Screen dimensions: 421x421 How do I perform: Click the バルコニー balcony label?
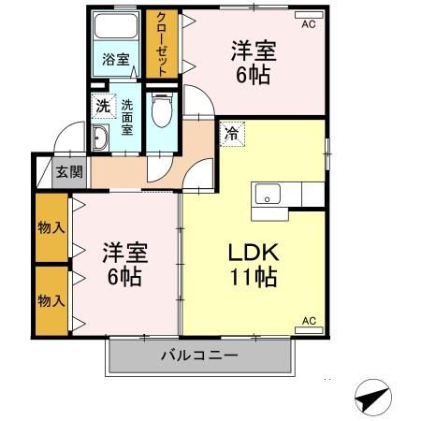point(198,355)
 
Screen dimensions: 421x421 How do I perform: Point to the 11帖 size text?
point(252,278)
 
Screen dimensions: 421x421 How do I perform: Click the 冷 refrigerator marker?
point(230,133)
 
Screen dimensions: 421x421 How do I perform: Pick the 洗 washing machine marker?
point(101,105)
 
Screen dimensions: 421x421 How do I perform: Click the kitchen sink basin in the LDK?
point(268,195)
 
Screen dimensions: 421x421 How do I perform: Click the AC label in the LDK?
point(310,323)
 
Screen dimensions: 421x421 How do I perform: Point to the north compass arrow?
point(371,399)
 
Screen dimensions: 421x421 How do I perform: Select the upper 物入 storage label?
point(51,228)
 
